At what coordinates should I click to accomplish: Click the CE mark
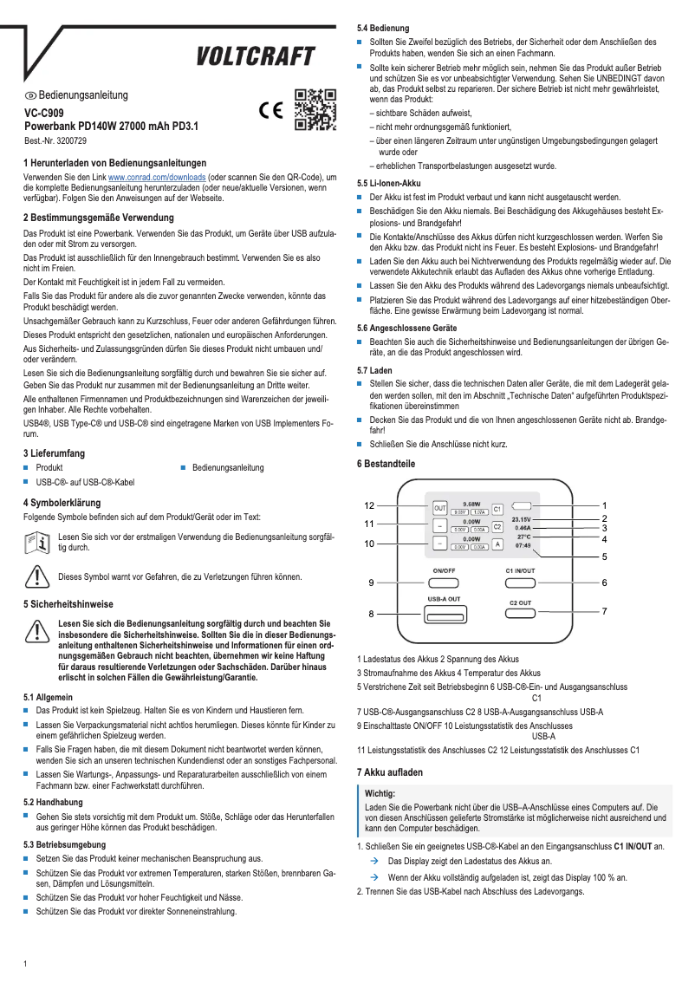pos(272,111)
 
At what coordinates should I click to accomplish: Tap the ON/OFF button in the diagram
pos(444,583)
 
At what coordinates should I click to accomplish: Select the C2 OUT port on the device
pos(520,615)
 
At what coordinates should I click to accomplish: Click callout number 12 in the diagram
pos(369,505)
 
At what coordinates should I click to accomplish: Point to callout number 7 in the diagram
pos(604,611)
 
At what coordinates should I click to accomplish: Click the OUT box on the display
pos(439,508)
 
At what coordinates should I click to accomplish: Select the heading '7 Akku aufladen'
pos(390,771)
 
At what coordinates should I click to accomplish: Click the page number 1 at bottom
pos(26,964)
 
